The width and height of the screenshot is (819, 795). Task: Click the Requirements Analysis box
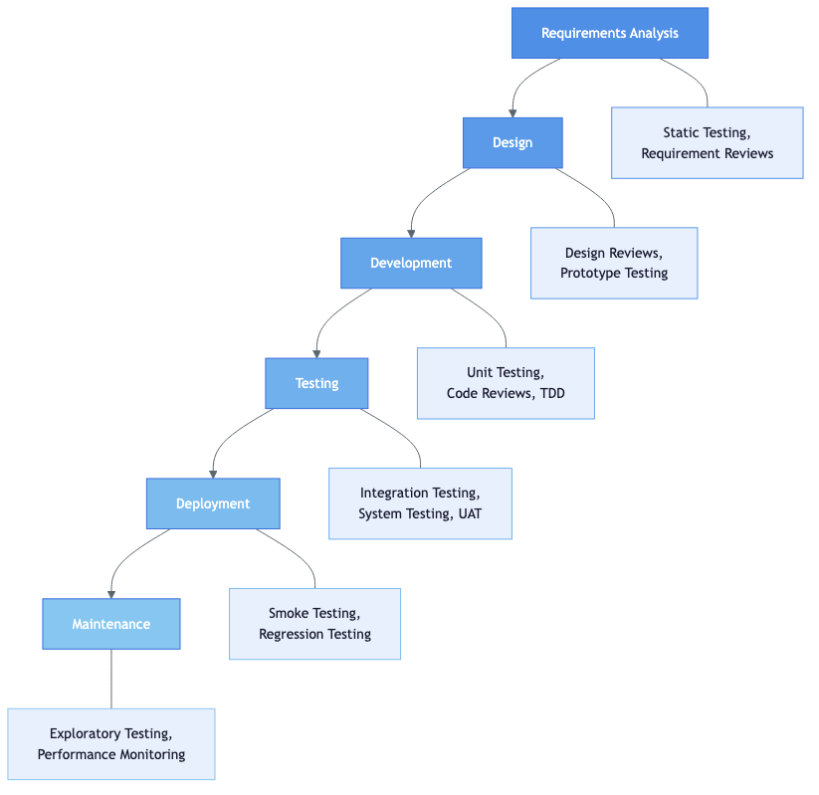tap(609, 33)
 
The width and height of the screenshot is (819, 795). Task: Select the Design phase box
tap(512, 142)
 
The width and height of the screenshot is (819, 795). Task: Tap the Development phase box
tap(411, 263)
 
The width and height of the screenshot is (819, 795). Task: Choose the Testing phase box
tap(316, 383)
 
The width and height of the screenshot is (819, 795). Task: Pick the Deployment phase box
tap(213, 503)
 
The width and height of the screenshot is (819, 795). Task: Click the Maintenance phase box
tap(111, 624)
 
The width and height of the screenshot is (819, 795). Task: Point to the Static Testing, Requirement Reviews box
tap(707, 142)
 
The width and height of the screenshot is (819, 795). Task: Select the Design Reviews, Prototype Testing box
tap(614, 263)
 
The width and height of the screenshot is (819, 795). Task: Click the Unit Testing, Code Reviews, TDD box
tap(506, 383)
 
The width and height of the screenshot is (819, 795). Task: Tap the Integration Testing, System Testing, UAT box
tap(420, 503)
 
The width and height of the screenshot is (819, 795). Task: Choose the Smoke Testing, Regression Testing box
tap(314, 624)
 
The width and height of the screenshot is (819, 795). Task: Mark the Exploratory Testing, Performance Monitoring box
tap(111, 744)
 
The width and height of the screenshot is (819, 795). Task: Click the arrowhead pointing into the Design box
tap(512, 112)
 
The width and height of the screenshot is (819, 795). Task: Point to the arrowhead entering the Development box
tap(411, 233)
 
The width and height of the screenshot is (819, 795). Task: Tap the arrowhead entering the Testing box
tap(316, 353)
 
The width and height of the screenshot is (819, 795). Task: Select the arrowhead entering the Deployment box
tap(213, 474)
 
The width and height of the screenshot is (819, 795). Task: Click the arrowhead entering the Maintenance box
tap(111, 594)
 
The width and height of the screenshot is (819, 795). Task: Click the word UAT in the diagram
tap(470, 513)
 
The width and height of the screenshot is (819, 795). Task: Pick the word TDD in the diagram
tap(551, 393)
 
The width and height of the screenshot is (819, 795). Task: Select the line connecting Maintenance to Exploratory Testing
tap(111, 679)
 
